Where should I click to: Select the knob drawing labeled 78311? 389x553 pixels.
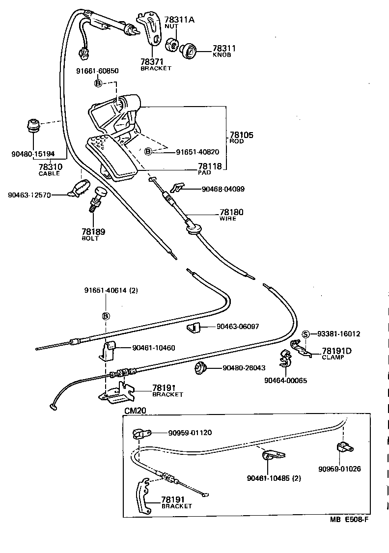(189, 51)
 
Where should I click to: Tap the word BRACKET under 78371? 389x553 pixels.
(156, 68)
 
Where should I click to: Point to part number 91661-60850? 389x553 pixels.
(97, 71)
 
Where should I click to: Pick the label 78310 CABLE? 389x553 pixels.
(49, 169)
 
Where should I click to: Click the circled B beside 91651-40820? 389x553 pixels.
(147, 152)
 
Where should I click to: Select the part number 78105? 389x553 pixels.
(240, 135)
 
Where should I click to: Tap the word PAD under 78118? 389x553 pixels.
(204, 173)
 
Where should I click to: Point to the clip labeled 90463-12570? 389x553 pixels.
(78, 189)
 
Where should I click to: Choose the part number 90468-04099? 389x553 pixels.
(223, 189)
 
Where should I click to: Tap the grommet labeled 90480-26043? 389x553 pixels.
(200, 367)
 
